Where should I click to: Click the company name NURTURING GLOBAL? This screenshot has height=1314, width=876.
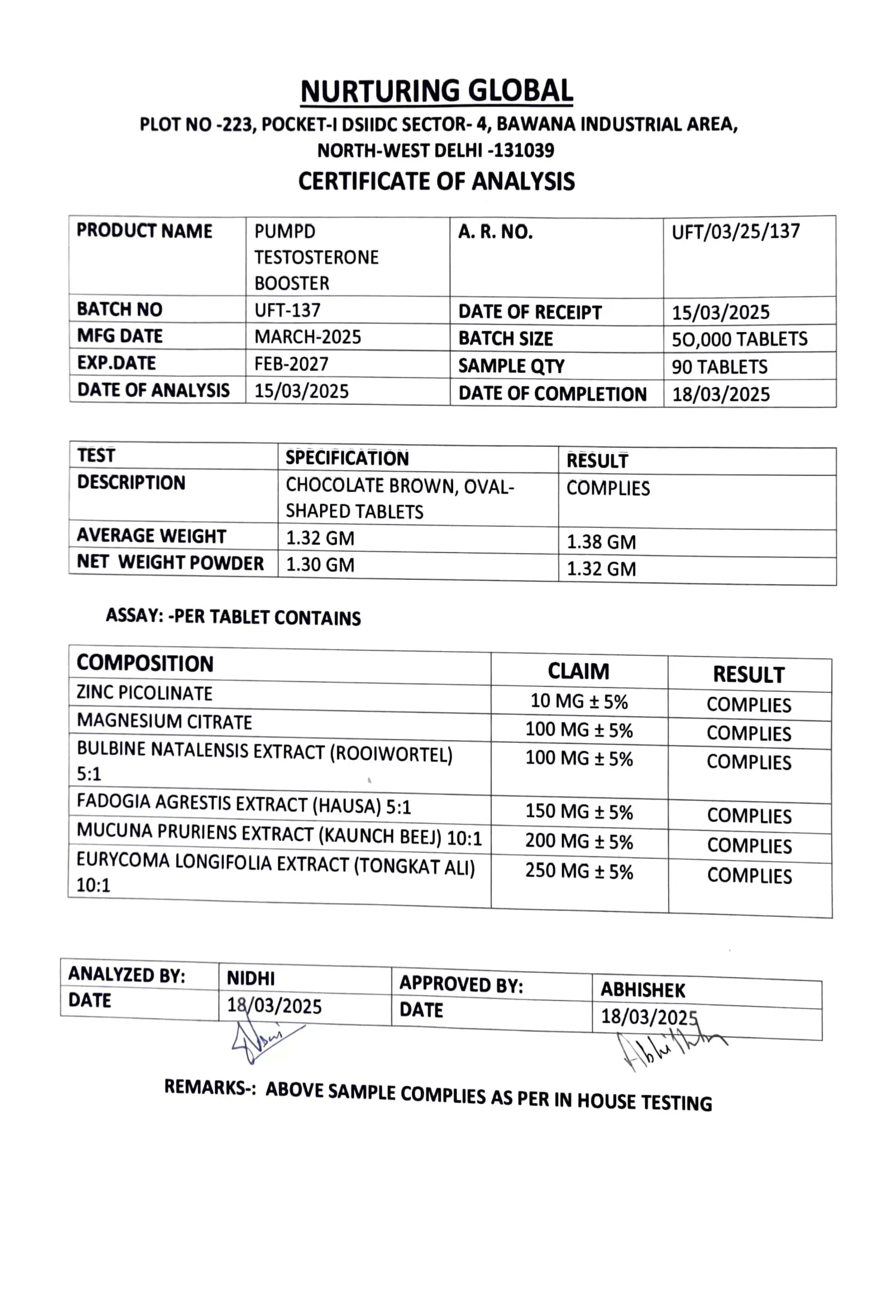point(437,91)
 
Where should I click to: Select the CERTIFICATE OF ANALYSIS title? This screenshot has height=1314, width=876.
point(437,181)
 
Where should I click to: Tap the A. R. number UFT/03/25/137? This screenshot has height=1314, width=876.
point(736,232)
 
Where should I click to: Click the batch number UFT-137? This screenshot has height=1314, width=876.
point(287,310)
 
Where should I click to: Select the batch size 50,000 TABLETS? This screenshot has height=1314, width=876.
point(739,339)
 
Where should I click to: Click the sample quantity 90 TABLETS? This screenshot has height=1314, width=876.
point(720,367)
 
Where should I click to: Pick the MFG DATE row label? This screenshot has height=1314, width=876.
point(119,336)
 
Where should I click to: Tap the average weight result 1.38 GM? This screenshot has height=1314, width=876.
point(601,542)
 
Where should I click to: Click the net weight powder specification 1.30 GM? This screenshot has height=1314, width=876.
point(320,564)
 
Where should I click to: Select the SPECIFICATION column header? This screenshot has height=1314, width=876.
point(347,458)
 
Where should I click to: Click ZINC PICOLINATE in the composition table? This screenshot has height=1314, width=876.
point(145,693)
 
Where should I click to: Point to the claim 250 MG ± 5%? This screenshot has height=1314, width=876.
point(579,871)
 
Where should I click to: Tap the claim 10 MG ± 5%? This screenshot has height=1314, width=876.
point(579,701)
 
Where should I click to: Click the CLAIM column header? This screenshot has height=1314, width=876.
point(579,671)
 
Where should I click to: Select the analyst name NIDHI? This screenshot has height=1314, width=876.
point(251,978)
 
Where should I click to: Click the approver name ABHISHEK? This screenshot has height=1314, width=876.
point(643,990)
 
